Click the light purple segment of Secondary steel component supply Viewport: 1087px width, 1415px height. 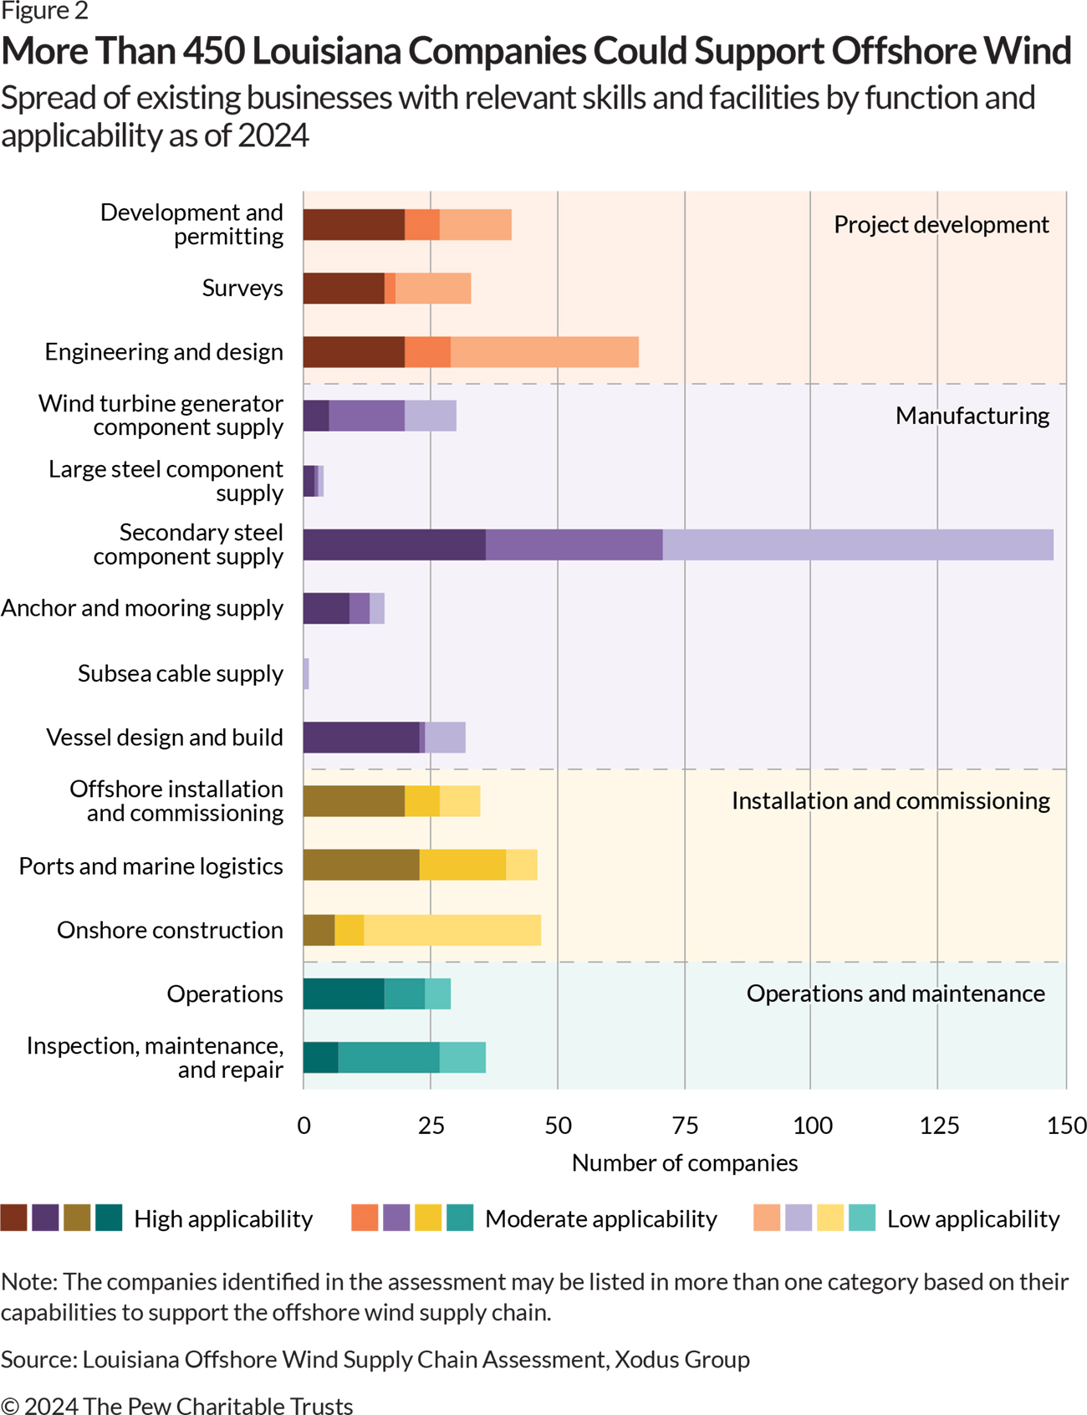coord(857,544)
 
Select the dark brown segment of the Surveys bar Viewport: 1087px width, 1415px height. coord(343,289)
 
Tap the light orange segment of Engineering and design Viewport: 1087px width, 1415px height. coord(543,352)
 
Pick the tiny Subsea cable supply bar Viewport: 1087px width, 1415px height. coord(306,674)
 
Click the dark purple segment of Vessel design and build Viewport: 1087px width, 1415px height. coord(360,738)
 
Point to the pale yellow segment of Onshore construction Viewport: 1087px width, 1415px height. coord(452,930)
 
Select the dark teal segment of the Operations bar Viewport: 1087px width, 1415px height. coord(343,994)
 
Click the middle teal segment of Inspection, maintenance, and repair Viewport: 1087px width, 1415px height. coord(389,1058)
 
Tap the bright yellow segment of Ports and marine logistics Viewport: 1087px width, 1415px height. coord(462,865)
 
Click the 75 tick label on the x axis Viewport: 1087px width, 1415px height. coord(685,1126)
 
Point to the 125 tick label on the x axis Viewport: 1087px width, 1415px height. coord(938,1126)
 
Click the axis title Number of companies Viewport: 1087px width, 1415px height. coord(684,1163)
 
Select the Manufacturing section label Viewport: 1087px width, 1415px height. coord(972,416)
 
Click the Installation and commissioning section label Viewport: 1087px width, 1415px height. coord(891,801)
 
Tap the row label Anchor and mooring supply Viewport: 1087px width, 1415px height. coord(142,608)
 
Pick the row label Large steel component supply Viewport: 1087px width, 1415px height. coord(166,481)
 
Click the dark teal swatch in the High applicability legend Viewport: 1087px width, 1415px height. coord(109,1218)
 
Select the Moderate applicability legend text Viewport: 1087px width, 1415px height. coord(600,1219)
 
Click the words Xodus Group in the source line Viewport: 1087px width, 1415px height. coord(681,1359)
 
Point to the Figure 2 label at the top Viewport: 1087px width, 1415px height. coord(44,12)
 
